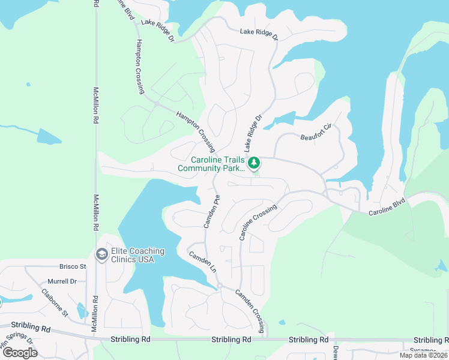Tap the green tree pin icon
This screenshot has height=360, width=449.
255,163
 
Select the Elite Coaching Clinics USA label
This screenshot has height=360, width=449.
133,255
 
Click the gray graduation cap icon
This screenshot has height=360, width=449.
101,255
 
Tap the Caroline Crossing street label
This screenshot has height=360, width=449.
258,223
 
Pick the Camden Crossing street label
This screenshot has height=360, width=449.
250,311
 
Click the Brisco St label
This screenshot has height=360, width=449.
73,266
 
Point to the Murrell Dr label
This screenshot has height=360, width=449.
62,281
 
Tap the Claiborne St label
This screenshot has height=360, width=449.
55,304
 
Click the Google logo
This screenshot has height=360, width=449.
20,352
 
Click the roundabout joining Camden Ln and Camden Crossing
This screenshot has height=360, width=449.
220,286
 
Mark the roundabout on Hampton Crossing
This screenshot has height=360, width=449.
156,104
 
